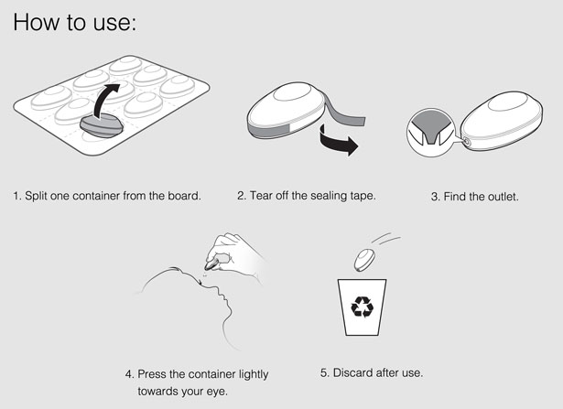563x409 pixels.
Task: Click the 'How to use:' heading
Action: pos(75,22)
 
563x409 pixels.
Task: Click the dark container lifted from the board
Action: pos(102,125)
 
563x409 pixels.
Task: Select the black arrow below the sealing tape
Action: pos(338,141)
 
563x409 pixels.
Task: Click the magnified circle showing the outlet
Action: pos(431,133)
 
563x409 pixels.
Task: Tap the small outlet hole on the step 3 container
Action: pos(467,141)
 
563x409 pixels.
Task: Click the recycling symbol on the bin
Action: pos(362,307)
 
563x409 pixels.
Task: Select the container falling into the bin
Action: pos(364,260)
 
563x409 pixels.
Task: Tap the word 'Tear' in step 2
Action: pos(261,196)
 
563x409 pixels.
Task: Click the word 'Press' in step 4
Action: pos(152,374)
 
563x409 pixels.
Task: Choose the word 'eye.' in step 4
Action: pos(217,392)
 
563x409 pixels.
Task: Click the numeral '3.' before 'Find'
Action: pos(435,197)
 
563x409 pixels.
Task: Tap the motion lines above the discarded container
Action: pos(386,239)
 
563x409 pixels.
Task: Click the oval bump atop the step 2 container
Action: pos(292,92)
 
